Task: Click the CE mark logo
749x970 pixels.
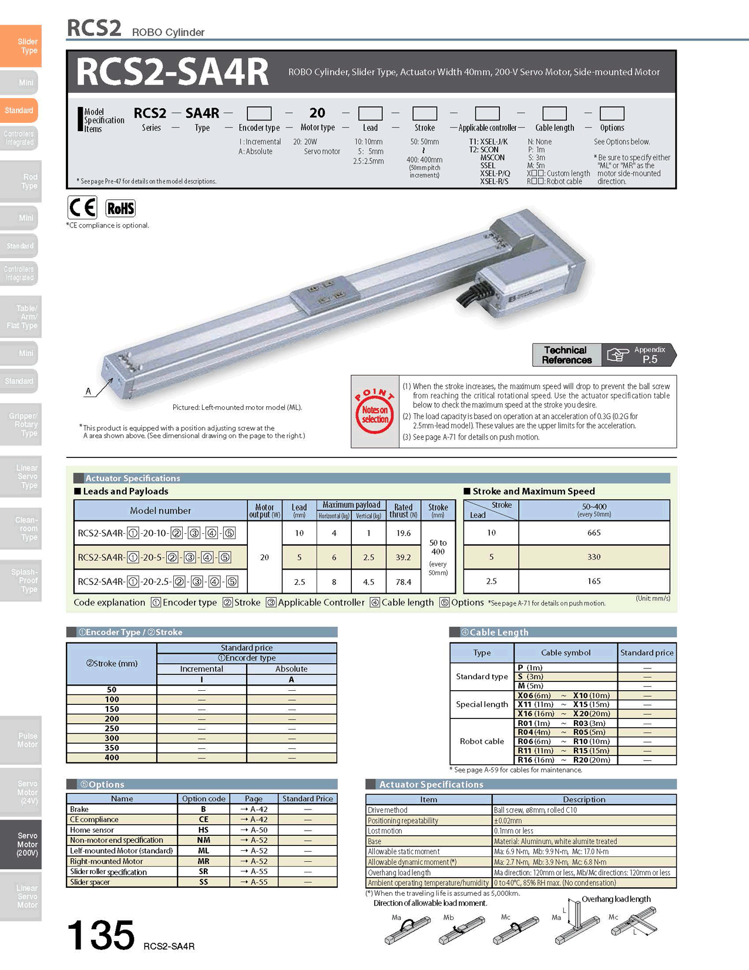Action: (82, 208)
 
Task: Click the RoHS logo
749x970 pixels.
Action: (120, 208)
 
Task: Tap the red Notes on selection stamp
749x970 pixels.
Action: (374, 411)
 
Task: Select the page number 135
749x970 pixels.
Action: (100, 935)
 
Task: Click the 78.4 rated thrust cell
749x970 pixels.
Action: (403, 582)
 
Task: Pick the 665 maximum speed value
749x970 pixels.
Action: (594, 533)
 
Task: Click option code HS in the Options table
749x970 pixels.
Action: (203, 830)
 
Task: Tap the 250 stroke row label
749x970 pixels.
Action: (112, 728)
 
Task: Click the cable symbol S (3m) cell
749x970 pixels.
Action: (530, 677)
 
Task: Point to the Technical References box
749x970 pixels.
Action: (567, 355)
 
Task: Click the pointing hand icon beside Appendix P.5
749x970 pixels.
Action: (617, 355)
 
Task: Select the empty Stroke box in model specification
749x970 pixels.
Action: (424, 113)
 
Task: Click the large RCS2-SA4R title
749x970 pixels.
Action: (172, 72)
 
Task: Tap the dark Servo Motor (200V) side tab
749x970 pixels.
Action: (21, 844)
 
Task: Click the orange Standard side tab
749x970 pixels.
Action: (19, 111)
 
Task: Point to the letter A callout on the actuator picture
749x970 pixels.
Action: (89, 391)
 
